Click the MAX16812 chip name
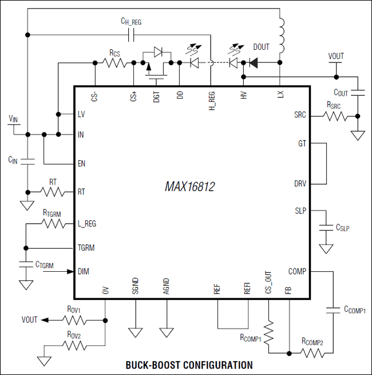tap(189, 187)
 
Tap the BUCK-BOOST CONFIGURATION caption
tap(188, 365)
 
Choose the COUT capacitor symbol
tap(358, 92)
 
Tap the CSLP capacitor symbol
tap(326, 228)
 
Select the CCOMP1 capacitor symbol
tap(333, 310)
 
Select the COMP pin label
tap(297, 271)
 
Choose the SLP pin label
tap(300, 211)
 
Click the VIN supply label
tap(13, 118)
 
